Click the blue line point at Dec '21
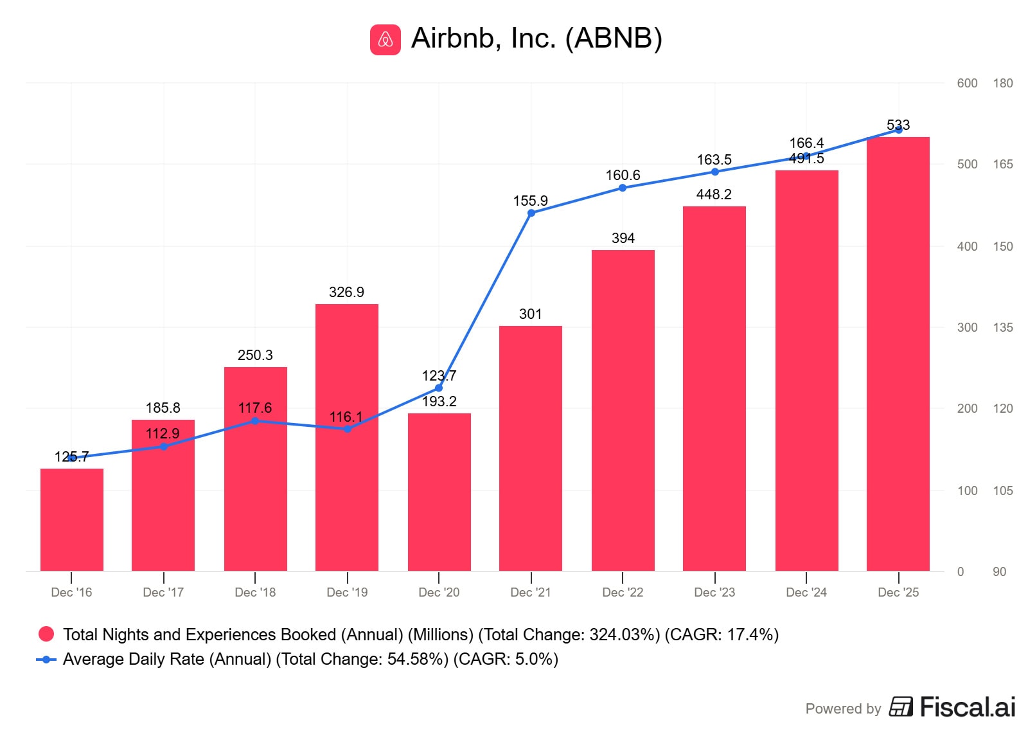coord(531,213)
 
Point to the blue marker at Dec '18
coord(255,421)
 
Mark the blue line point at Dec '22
coord(623,188)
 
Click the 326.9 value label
coord(346,292)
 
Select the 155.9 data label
coord(530,201)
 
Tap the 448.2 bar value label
coord(714,194)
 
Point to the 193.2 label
coord(439,401)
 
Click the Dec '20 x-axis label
coord(439,592)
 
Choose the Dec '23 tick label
coord(714,592)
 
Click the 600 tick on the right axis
coord(967,83)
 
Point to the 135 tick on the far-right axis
coord(1002,327)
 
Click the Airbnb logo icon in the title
coord(385,40)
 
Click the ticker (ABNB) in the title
coord(614,39)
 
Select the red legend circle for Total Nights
coord(46,634)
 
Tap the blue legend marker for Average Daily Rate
coord(46,659)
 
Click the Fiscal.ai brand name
coord(967,707)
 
